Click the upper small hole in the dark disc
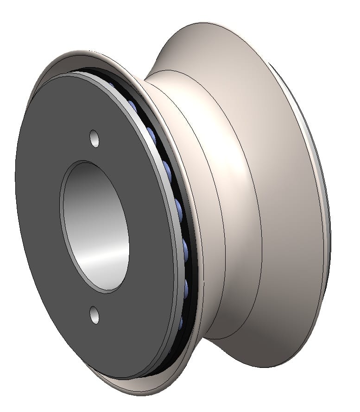tap(95, 138)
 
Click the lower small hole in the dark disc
tap(95, 315)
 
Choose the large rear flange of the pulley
tap(287, 185)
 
